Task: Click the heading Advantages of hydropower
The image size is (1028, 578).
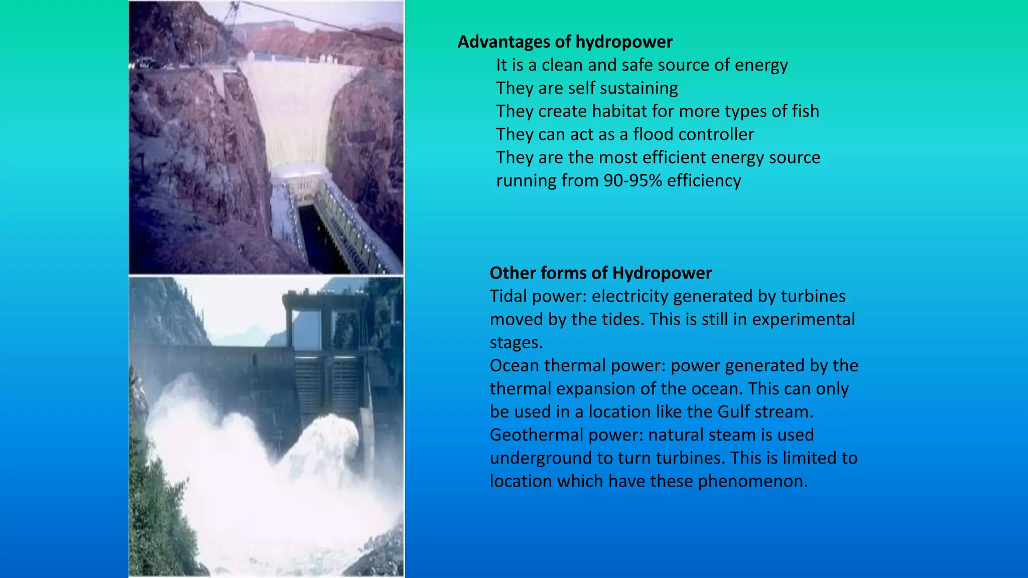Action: click(x=565, y=42)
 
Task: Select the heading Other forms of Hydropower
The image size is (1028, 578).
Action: click(x=600, y=273)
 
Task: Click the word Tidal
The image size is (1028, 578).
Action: click(x=508, y=297)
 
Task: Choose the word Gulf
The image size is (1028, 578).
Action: click(x=734, y=412)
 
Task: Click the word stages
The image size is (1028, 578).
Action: click(x=516, y=343)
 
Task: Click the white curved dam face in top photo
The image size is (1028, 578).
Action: click(x=296, y=110)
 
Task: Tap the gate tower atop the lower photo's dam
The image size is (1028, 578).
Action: click(x=321, y=321)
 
